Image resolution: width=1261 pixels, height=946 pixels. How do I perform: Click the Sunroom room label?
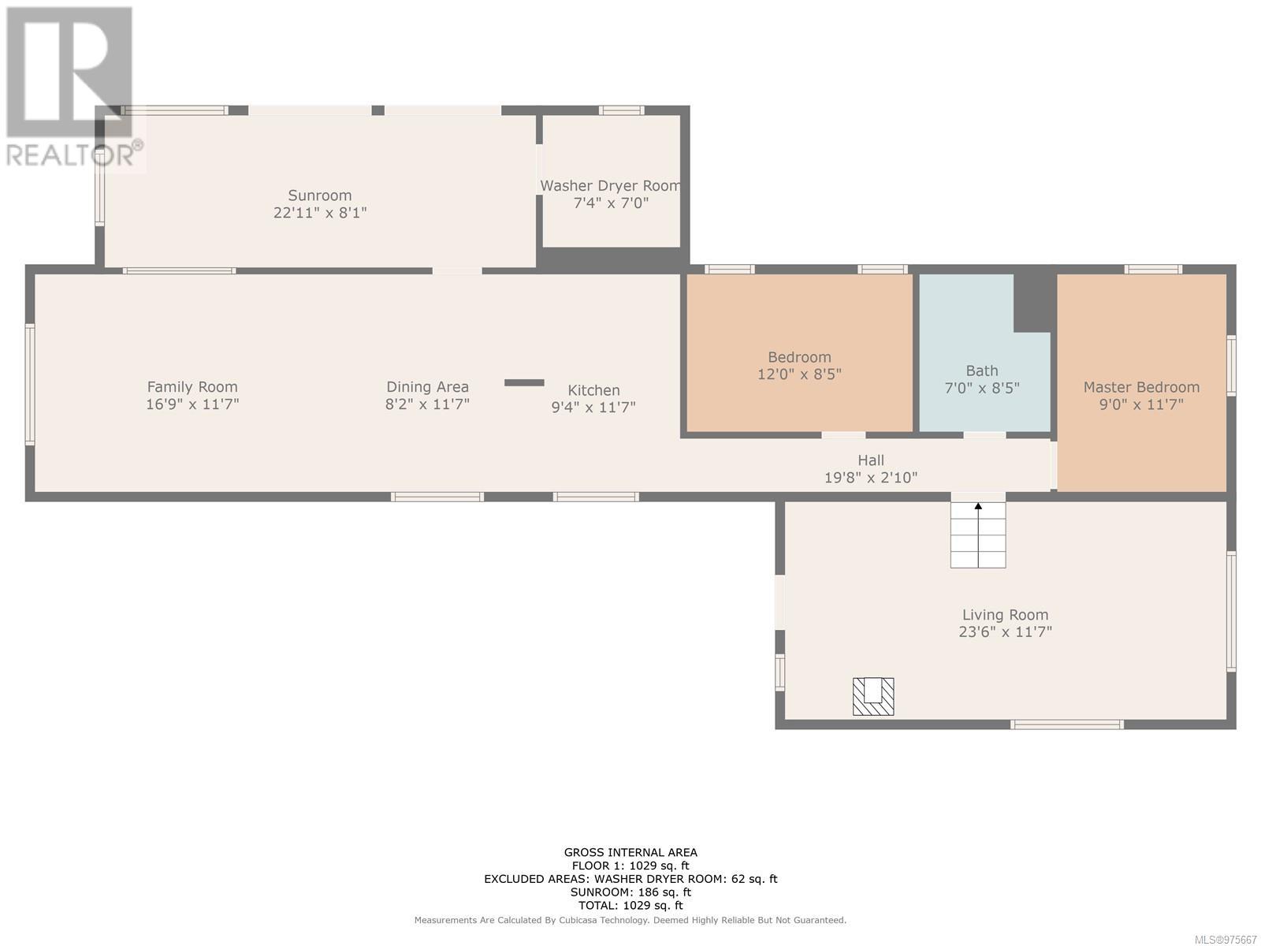(320, 196)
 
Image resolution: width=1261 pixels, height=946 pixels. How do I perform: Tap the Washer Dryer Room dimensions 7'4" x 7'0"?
(611, 203)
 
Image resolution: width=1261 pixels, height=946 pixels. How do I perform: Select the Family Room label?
(192, 387)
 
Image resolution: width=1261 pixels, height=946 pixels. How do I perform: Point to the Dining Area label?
(427, 387)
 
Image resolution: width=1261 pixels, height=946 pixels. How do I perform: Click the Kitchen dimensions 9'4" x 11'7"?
(593, 408)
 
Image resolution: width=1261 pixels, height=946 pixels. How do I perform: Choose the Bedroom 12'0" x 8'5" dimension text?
(799, 374)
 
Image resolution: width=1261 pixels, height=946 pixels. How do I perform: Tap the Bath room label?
(982, 371)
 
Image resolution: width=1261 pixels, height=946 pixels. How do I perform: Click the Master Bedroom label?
(1141, 387)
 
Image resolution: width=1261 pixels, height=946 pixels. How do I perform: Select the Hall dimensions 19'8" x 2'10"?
(871, 478)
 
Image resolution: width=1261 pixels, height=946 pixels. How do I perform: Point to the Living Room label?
(1006, 615)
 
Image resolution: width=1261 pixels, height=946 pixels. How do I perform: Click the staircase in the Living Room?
(978, 534)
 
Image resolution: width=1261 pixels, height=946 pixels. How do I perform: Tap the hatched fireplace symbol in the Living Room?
(873, 697)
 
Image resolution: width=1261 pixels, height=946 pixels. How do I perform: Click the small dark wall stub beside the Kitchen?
(524, 382)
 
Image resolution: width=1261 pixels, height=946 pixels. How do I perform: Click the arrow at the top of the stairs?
(978, 506)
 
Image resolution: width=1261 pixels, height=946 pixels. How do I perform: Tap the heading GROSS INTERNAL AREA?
(630, 852)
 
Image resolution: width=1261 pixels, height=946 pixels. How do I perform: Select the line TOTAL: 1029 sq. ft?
(630, 905)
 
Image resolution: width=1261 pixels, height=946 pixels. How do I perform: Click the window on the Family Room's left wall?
(30, 384)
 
